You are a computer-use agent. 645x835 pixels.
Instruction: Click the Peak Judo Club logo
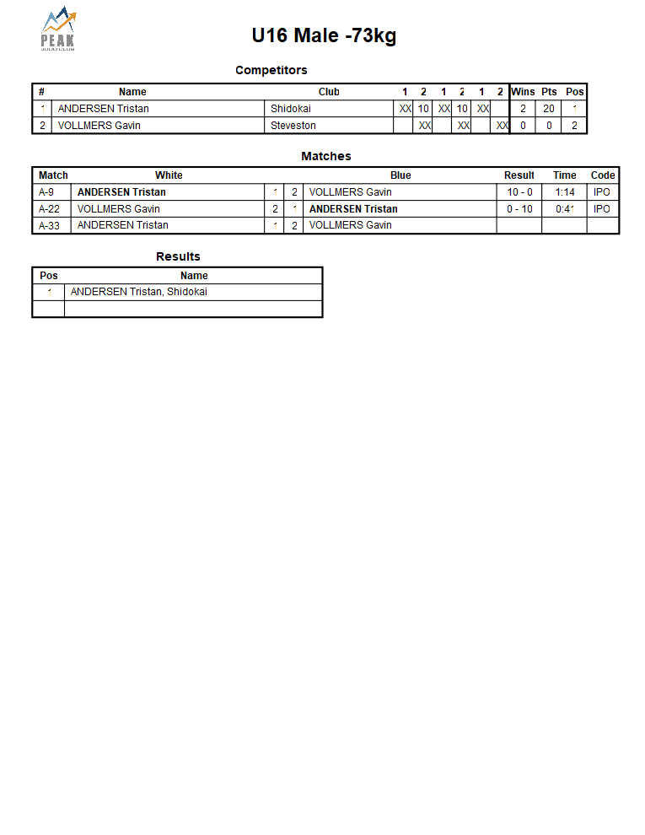coord(58,30)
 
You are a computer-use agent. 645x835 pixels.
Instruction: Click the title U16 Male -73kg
coord(324,35)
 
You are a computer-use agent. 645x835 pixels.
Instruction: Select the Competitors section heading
coord(271,70)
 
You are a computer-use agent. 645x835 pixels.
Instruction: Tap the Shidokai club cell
coord(291,109)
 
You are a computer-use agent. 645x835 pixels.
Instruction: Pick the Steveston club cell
coord(293,126)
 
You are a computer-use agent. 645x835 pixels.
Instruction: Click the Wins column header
coord(523,92)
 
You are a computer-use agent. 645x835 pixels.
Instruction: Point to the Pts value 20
coord(549,109)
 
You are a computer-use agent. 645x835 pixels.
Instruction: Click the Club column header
coord(329,92)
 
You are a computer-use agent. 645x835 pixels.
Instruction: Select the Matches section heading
coord(325,156)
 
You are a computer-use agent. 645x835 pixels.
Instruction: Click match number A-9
coord(47,192)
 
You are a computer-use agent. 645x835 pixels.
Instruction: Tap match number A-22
coord(50,209)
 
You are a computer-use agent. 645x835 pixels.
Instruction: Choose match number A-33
coord(50,225)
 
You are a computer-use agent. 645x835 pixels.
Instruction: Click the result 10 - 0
coord(519,192)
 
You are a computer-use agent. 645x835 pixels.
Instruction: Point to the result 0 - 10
coord(519,209)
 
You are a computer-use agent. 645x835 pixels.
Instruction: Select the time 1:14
coord(565,192)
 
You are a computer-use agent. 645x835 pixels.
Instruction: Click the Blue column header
coord(400,175)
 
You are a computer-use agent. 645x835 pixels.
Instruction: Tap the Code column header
coord(603,175)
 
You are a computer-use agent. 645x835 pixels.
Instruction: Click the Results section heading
coord(178,256)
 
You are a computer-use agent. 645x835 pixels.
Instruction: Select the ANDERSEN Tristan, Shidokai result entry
coord(139,292)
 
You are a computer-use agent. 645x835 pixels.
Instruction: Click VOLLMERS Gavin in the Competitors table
coord(99,126)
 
